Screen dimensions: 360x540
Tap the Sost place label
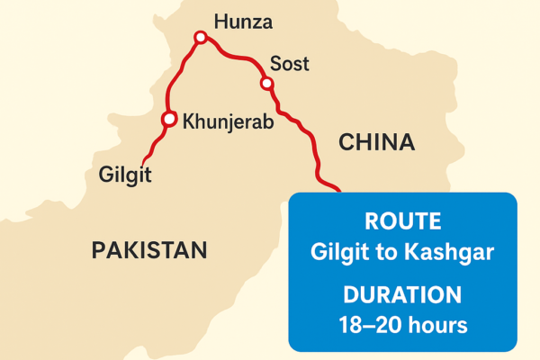pyautogui.click(x=289, y=64)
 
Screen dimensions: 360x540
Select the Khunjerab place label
pyautogui.click(x=228, y=121)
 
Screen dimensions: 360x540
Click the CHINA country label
pyautogui.click(x=376, y=142)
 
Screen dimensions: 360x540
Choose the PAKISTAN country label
pyautogui.click(x=149, y=250)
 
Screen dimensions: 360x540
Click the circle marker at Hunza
pyautogui.click(x=201, y=38)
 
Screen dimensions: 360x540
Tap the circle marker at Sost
pyautogui.click(x=266, y=84)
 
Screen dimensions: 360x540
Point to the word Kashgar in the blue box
pyautogui.click(x=454, y=253)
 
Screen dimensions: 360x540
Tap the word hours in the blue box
pyautogui.click(x=438, y=325)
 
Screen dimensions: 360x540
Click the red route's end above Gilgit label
pyautogui.click(x=142, y=157)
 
